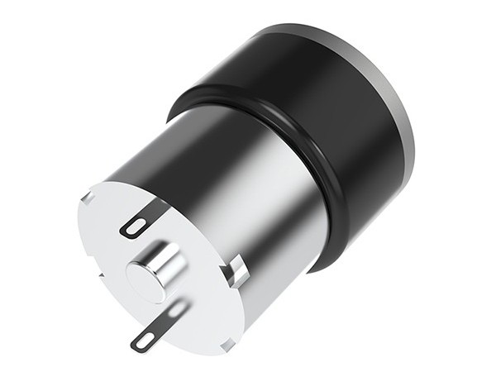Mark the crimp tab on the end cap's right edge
(x=236, y=269)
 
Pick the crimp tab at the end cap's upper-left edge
(x=88, y=198)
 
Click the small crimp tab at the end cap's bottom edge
(x=227, y=345)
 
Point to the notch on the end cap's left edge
(x=98, y=273)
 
